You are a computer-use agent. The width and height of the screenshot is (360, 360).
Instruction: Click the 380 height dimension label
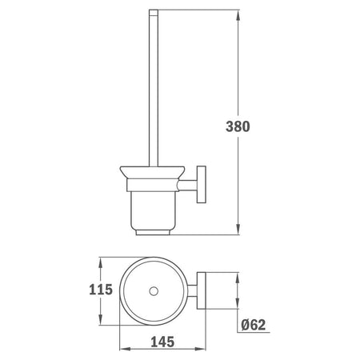coord(238,126)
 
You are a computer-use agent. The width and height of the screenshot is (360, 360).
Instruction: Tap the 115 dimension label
coord(101,290)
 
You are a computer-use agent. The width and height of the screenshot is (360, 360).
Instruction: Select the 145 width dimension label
coord(162,342)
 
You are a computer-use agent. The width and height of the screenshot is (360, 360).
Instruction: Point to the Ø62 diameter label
coord(254,325)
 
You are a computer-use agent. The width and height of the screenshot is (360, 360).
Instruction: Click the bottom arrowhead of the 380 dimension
coord(238,229)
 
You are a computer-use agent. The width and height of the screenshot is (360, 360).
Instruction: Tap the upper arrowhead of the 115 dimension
coord(100,263)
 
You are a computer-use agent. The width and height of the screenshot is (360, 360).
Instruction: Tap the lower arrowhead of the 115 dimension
coord(100,319)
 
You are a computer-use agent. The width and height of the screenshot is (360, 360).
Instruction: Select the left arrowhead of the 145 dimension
coord(125,349)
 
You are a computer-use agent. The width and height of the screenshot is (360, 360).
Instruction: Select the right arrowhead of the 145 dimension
coord(201,349)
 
